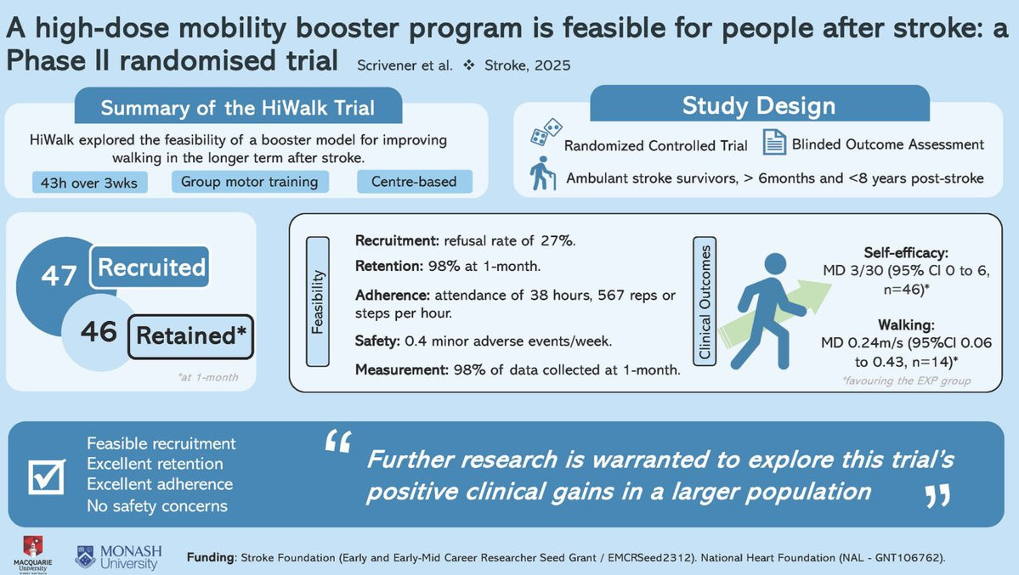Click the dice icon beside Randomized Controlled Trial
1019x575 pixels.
click(546, 132)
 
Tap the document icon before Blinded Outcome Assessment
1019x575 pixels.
click(774, 143)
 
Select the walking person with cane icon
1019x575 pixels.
click(542, 172)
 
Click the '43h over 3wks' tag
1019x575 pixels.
click(90, 183)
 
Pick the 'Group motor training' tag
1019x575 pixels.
click(250, 181)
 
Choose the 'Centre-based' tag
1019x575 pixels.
click(414, 181)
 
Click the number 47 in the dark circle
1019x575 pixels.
click(59, 275)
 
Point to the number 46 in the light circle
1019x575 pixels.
click(99, 331)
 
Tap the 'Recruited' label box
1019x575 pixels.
click(150, 267)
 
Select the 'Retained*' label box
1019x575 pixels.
click(190, 335)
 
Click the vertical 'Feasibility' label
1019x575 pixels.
click(317, 302)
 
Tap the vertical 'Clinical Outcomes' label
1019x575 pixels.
click(705, 302)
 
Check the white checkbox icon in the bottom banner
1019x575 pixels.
click(47, 476)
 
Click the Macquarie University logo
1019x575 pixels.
click(32, 554)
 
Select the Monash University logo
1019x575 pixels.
click(119, 557)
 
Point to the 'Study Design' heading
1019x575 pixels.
click(759, 105)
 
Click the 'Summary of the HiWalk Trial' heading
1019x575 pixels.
click(238, 107)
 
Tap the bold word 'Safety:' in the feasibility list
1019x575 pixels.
click(377, 341)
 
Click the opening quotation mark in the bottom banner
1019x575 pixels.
click(338, 442)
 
